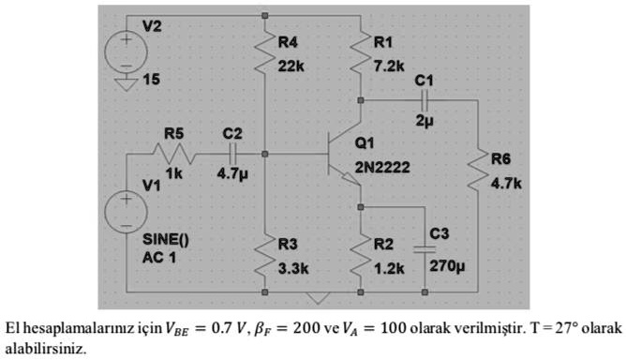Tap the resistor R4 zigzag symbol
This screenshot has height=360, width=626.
(x=265, y=58)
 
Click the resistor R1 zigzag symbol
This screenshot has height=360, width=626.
(x=360, y=58)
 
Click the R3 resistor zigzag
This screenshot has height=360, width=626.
(x=265, y=258)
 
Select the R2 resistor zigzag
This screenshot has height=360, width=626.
(x=360, y=258)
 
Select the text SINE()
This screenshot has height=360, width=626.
(x=164, y=239)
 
